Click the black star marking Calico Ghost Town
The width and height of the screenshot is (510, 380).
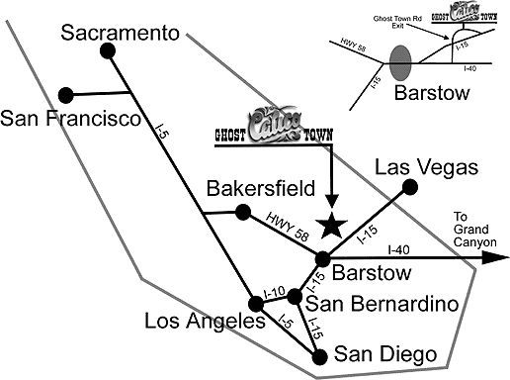[x=333, y=225]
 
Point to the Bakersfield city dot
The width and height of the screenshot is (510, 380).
[x=242, y=222]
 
